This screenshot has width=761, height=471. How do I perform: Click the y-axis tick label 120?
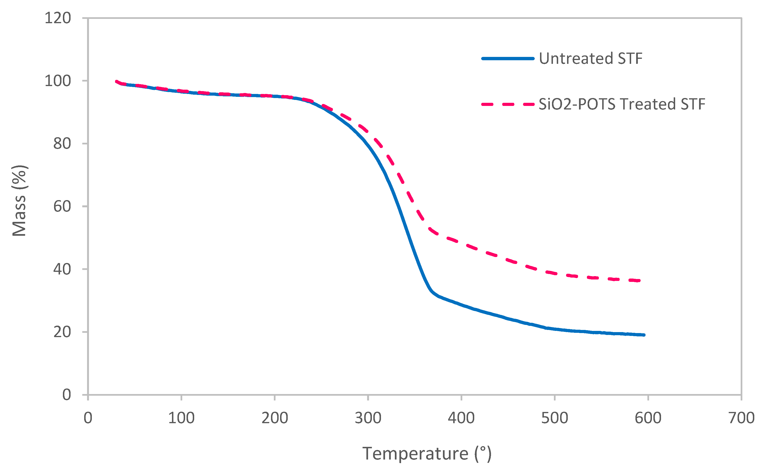(58, 18)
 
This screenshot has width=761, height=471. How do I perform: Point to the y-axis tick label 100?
(58, 81)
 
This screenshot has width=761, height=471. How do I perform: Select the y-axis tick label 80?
(62, 144)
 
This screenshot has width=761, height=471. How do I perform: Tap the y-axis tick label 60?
(62, 207)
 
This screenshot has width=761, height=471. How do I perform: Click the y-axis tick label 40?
(62, 269)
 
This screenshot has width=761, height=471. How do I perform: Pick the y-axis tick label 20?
(62, 332)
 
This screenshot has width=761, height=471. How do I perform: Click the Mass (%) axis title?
(19, 201)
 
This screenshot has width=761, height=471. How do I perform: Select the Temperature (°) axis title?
(427, 454)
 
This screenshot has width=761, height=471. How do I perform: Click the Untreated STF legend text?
(591, 59)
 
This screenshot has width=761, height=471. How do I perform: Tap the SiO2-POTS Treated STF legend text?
(622, 104)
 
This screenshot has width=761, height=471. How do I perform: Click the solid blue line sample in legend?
(508, 59)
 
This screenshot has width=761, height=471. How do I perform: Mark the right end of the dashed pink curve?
(639, 281)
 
